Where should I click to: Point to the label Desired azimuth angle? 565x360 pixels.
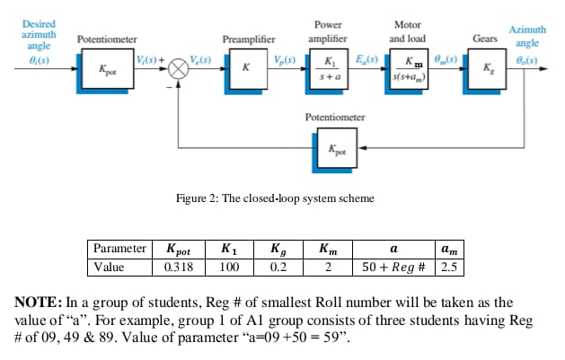pyautogui.click(x=38, y=33)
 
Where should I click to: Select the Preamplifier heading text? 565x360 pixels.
pyautogui.click(x=248, y=40)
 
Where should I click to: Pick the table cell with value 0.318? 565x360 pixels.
pyautogui.click(x=181, y=268)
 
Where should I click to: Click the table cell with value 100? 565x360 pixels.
pyautogui.click(x=229, y=268)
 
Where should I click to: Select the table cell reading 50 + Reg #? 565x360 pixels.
pyautogui.click(x=393, y=268)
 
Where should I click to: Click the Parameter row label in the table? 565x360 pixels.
pyautogui.click(x=120, y=249)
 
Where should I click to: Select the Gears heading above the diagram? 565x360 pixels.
pyautogui.click(x=486, y=40)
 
